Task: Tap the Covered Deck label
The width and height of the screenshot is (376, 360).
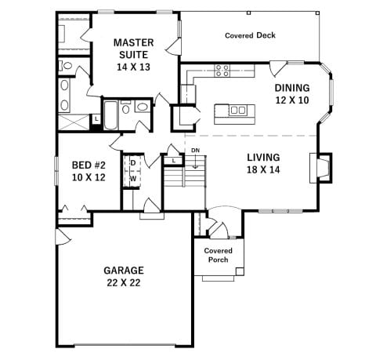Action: [250, 35]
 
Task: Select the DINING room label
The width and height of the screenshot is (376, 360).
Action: [291, 88]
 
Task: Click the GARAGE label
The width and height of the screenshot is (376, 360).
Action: [123, 271]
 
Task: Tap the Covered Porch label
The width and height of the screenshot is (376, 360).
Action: [219, 255]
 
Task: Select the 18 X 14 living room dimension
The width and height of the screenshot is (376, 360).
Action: [264, 169]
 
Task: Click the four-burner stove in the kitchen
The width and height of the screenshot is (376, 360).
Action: [222, 71]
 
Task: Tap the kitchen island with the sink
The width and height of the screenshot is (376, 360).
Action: [236, 111]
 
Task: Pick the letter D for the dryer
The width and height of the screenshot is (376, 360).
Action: [132, 163]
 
